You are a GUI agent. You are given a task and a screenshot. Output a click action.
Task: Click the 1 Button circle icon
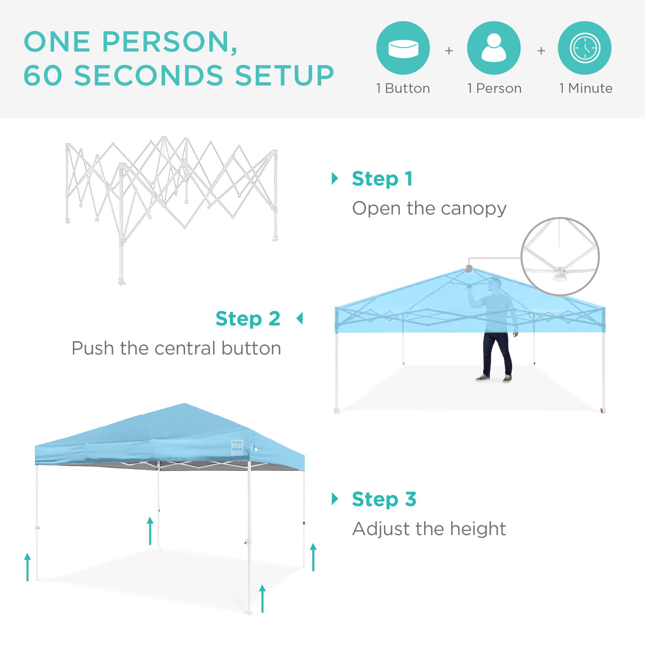pyautogui.click(x=403, y=48)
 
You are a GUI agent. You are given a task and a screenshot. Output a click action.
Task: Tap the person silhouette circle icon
pyautogui.click(x=494, y=48)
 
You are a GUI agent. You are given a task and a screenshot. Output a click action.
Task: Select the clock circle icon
pyautogui.click(x=585, y=48)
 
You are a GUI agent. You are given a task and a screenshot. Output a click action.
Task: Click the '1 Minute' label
pyautogui.click(x=586, y=88)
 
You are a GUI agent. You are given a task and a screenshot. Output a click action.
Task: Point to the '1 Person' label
pyautogui.click(x=494, y=88)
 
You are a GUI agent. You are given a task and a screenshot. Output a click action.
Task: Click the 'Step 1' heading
pyautogui.click(x=382, y=179)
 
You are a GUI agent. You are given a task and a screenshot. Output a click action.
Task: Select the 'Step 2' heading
pyautogui.click(x=248, y=319)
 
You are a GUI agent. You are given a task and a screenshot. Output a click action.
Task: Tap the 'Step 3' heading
pyautogui.click(x=384, y=500)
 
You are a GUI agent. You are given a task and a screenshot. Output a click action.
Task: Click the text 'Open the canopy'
pyautogui.click(x=429, y=209)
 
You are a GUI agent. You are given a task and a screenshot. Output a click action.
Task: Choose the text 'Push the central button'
pyautogui.click(x=176, y=349)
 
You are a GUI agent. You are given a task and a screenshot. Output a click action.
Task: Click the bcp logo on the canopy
pyautogui.click(x=237, y=446)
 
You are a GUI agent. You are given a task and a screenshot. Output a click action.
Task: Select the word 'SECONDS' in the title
pyautogui.click(x=149, y=75)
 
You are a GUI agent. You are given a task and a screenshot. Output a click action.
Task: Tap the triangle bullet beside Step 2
pyautogui.click(x=300, y=319)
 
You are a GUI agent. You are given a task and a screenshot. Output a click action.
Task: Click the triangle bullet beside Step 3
pyautogui.click(x=335, y=499)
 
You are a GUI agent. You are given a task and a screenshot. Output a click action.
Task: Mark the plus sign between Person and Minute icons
pyautogui.click(x=541, y=51)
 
